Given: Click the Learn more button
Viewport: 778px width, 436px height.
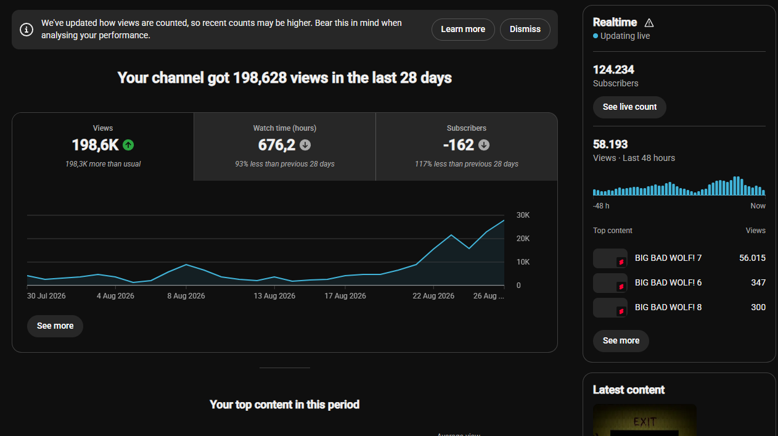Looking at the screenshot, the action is click(463, 29).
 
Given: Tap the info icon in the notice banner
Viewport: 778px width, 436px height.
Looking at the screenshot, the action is click(27, 30).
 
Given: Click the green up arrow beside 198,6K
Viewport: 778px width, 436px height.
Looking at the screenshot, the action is click(128, 145).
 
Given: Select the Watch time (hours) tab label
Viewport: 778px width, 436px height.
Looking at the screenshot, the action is click(284, 128).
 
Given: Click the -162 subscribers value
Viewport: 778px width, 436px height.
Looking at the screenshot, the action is click(459, 145).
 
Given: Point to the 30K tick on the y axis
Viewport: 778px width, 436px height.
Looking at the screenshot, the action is click(523, 215).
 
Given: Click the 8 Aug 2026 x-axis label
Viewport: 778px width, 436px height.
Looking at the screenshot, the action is click(186, 296).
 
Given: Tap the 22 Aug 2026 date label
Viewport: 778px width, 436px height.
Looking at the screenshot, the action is click(433, 296).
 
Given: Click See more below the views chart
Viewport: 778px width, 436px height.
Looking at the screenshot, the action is click(55, 326).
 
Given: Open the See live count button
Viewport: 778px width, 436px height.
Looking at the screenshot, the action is click(629, 107).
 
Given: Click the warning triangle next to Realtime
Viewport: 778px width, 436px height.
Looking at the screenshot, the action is click(649, 23).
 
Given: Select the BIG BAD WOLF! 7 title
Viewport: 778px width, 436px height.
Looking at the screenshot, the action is click(668, 258).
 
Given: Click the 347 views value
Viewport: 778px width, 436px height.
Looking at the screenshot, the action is click(758, 283).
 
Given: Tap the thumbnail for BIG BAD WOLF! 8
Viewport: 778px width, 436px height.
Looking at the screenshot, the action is click(610, 308).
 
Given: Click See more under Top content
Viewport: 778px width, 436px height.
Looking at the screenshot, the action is click(621, 341).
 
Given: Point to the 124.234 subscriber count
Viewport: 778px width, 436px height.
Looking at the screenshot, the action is click(613, 70).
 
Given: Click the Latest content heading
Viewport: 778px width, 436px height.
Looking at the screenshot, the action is click(629, 390).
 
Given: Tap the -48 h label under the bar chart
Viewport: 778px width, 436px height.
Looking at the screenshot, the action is click(601, 206).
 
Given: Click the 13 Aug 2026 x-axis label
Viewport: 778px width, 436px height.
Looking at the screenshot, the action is click(274, 296).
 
